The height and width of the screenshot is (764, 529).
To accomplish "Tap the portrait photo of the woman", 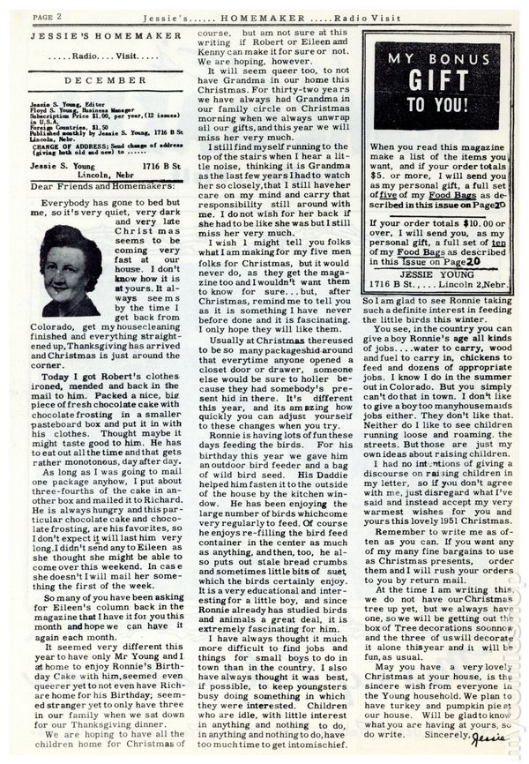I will click(70, 271).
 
